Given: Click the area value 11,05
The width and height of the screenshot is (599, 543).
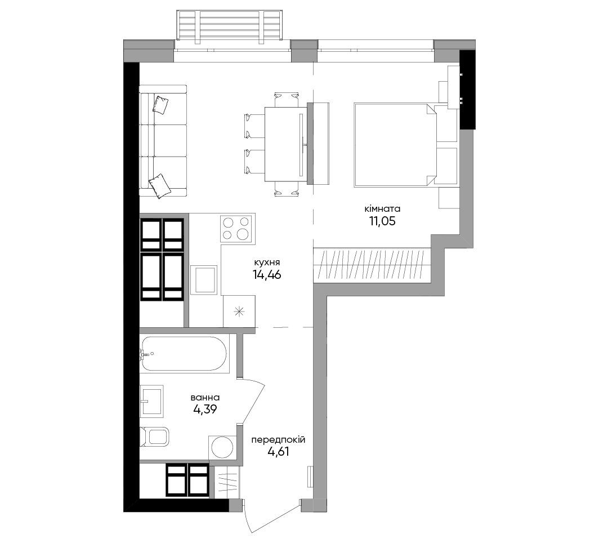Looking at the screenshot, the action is pyautogui.click(x=382, y=221).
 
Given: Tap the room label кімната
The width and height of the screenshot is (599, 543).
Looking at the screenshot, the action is pyautogui.click(x=382, y=209).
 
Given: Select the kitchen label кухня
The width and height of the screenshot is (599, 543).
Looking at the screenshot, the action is pyautogui.click(x=267, y=262).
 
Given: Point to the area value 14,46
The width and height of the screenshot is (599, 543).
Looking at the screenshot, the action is pyautogui.click(x=267, y=274).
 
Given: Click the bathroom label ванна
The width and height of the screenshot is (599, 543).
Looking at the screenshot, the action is pyautogui.click(x=205, y=398).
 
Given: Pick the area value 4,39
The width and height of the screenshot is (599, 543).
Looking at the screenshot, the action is pyautogui.click(x=205, y=410).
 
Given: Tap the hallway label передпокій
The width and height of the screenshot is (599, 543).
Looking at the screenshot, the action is pyautogui.click(x=278, y=440).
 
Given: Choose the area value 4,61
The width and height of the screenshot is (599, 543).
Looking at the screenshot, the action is pyautogui.click(x=278, y=452).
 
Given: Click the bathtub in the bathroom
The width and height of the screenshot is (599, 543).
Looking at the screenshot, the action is pyautogui.click(x=185, y=354).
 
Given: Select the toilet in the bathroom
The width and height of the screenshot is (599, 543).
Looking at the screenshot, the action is pyautogui.click(x=154, y=437).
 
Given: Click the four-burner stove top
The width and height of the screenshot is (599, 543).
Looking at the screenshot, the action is pyautogui.click(x=237, y=228).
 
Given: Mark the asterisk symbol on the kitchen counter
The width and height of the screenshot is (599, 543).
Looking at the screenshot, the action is pyautogui.click(x=239, y=311).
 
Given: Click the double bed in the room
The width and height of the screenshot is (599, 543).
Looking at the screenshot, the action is pyautogui.click(x=395, y=145).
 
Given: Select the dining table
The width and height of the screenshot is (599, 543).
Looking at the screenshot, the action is pyautogui.click(x=286, y=144).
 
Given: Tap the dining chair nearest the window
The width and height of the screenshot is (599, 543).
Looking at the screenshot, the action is pyautogui.click(x=286, y=99).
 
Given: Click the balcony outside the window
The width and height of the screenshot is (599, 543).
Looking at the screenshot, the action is pyautogui.click(x=230, y=25).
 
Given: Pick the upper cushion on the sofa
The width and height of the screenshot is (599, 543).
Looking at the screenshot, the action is pyautogui.click(x=160, y=105).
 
